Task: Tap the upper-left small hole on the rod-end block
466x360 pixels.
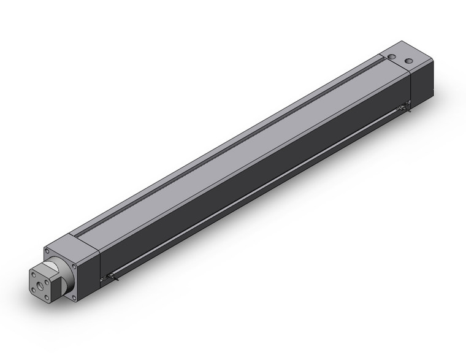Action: (x=33, y=275)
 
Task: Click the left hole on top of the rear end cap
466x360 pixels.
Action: (x=391, y=56)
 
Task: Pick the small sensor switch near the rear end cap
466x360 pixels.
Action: (x=402, y=109)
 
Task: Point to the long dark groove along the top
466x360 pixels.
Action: (x=233, y=142)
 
